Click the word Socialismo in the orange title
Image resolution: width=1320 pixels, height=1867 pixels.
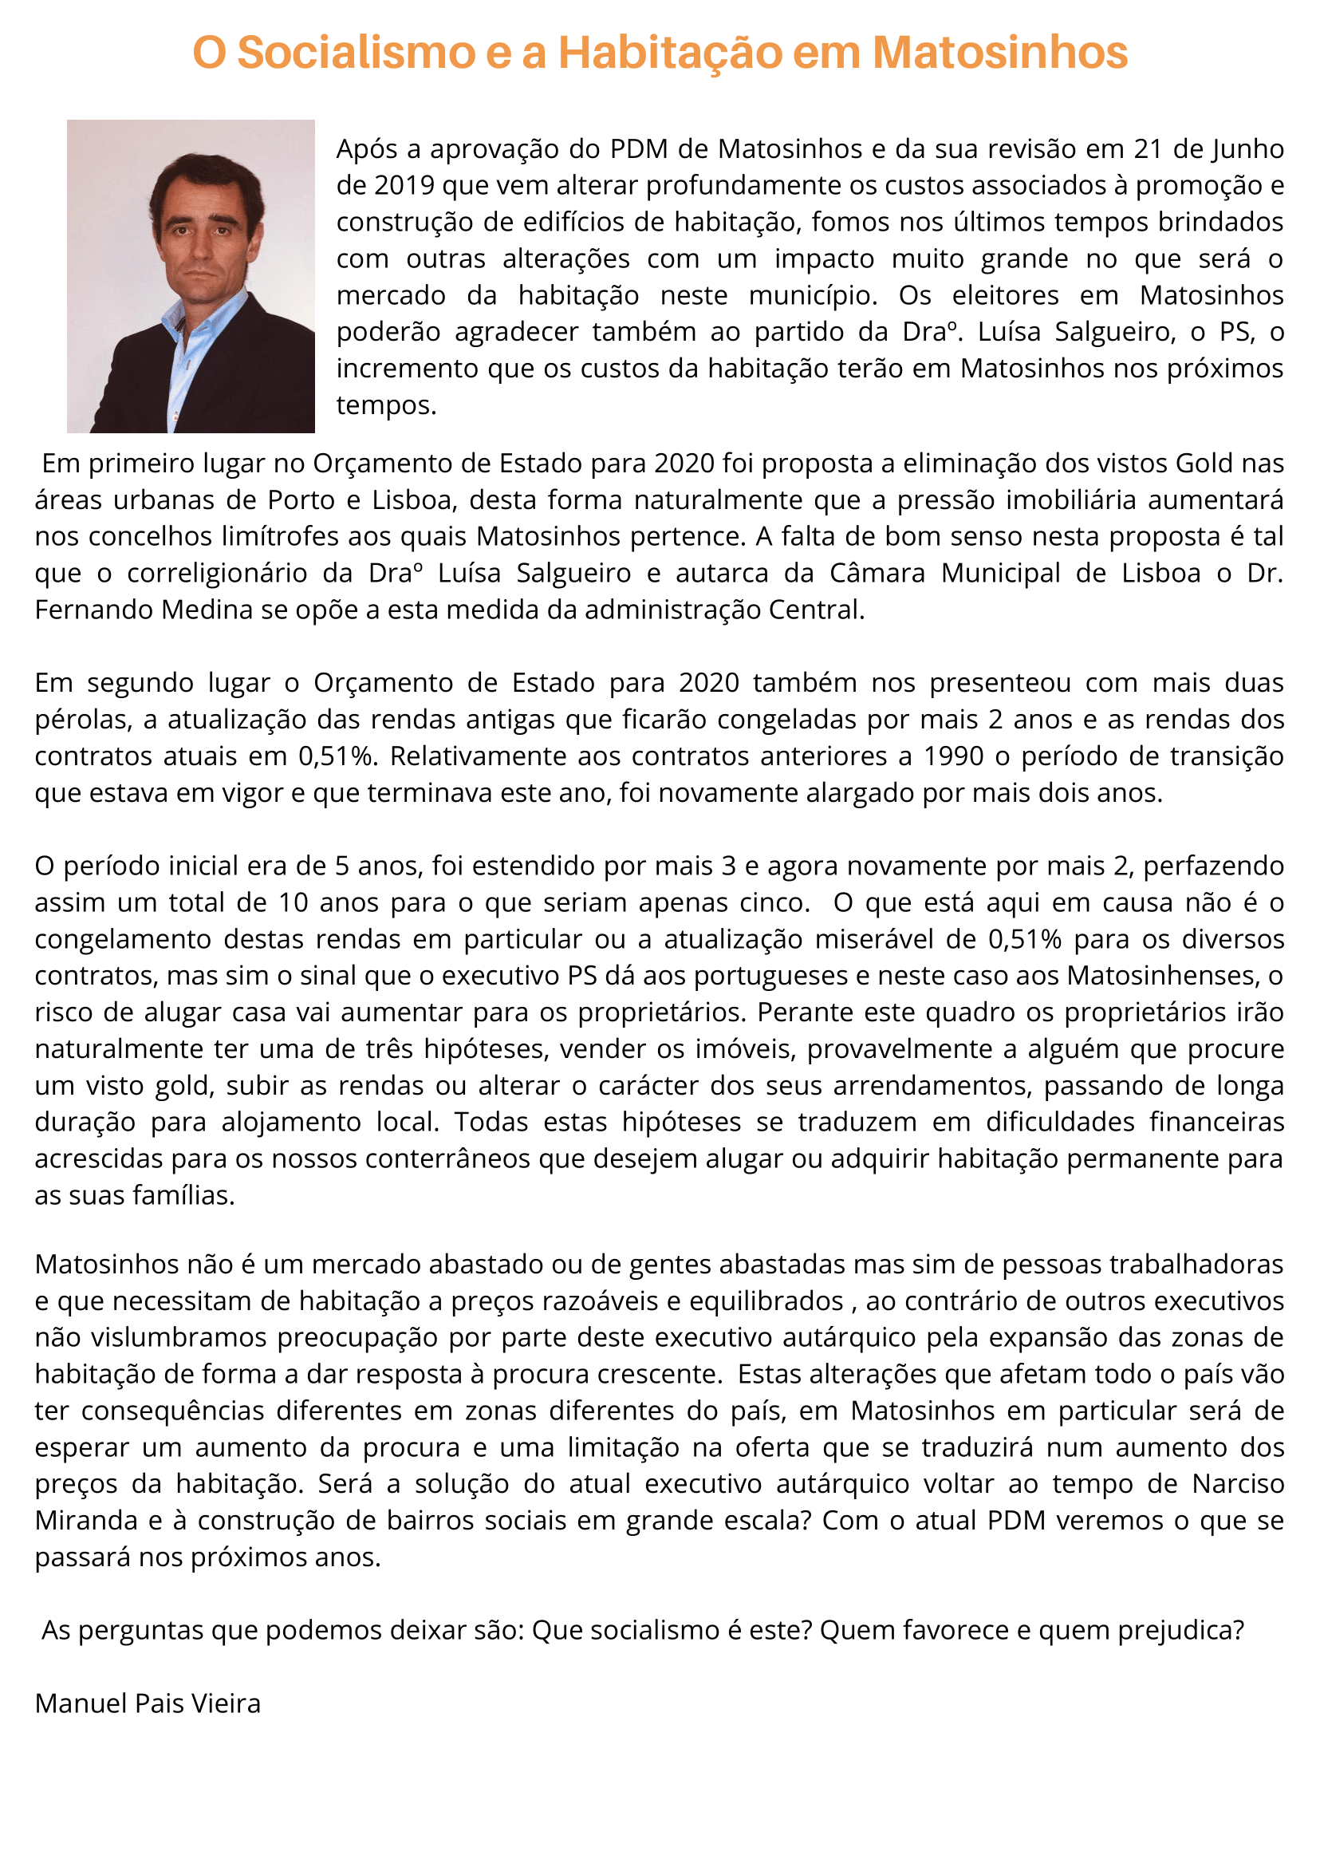tap(356, 53)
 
